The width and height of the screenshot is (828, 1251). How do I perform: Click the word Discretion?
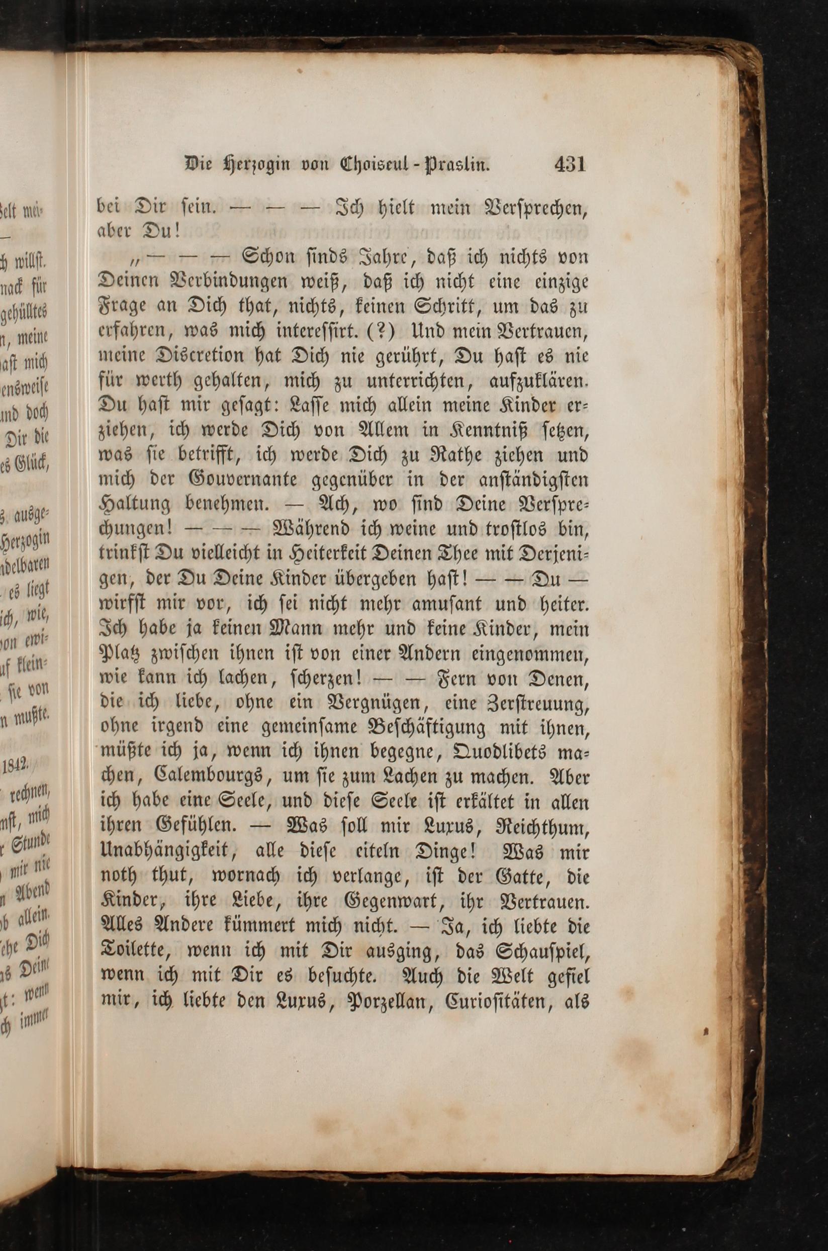[x=212, y=356]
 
